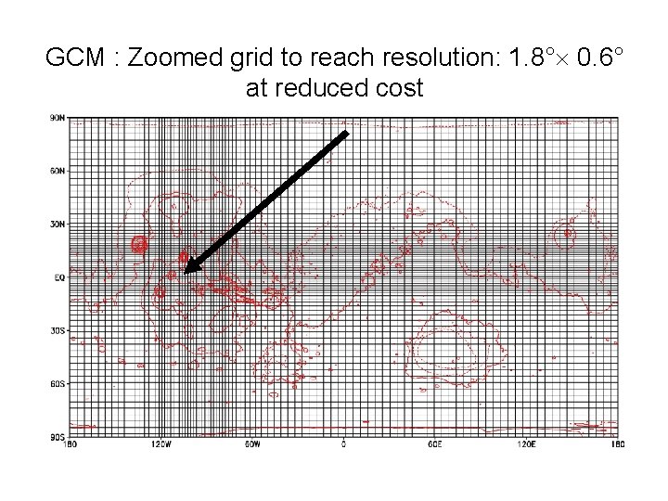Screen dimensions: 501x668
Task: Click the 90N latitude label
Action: (58, 118)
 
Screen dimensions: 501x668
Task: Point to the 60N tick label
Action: (58, 171)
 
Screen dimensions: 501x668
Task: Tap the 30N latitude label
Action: (58, 224)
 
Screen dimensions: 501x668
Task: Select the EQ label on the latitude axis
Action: (59, 276)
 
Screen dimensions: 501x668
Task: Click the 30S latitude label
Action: (58, 329)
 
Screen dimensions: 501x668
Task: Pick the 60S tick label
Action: (58, 382)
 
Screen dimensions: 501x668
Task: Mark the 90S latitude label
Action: (58, 435)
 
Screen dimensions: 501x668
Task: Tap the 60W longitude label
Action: (251, 443)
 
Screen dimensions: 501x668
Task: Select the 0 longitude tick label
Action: (343, 443)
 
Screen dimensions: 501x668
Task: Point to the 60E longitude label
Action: (434, 443)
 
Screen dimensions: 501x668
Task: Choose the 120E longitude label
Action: (525, 443)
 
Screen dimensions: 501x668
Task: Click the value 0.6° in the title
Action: (597, 58)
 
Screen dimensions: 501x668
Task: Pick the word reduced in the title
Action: (329, 89)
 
